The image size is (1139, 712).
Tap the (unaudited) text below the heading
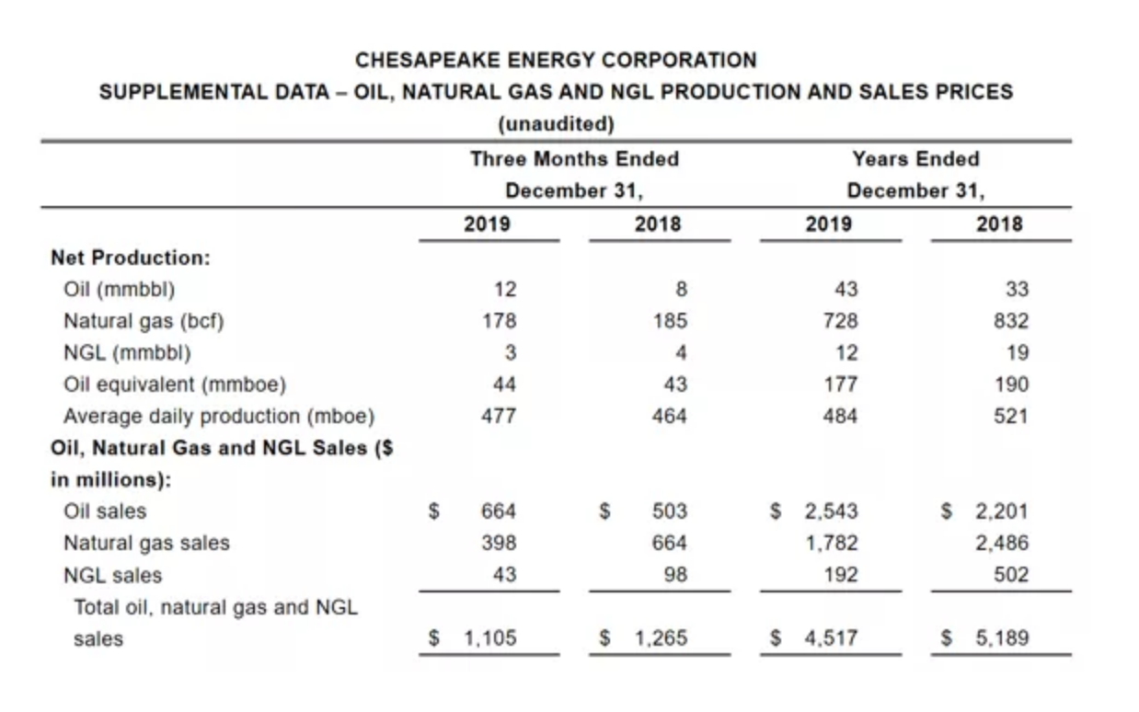coord(556,122)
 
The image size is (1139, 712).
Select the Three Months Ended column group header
coord(574,159)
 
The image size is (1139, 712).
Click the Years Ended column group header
coord(915,159)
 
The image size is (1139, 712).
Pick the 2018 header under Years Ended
coord(1000,224)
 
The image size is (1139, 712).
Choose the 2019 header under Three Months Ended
coord(488,224)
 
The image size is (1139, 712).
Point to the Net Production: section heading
coord(131,258)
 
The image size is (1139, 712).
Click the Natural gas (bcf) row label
coord(144,321)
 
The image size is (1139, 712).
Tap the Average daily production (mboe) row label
coord(219,416)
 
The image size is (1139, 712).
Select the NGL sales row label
coord(112,575)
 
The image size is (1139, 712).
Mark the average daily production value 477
coord(499,416)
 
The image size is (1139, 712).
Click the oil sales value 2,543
coord(832,511)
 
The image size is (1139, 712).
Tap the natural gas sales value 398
coord(499,543)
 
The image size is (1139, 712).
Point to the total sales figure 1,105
coord(488,637)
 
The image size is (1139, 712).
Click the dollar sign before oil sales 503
coord(604,511)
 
